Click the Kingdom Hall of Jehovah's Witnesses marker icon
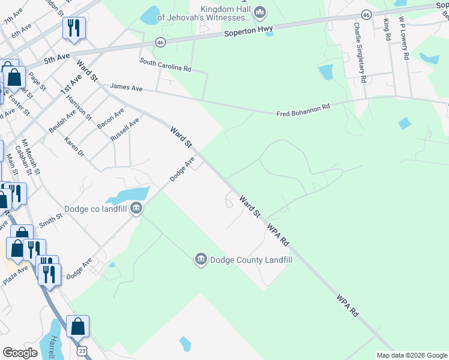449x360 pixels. [x=260, y=11]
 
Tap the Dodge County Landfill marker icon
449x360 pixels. [x=200, y=259]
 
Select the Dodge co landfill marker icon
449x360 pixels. [x=136, y=208]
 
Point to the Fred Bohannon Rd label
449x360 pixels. [x=303, y=110]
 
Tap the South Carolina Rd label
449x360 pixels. [x=165, y=65]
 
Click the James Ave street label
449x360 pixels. [x=126, y=88]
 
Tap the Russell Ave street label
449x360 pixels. [x=125, y=130]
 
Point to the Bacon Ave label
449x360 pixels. [x=110, y=118]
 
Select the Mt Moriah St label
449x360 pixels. [x=31, y=157]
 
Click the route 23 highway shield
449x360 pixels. [x=82, y=348]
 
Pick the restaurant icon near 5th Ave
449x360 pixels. [x=74, y=28]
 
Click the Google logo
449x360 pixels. [x=20, y=353]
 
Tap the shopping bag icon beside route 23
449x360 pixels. [x=77, y=326]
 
